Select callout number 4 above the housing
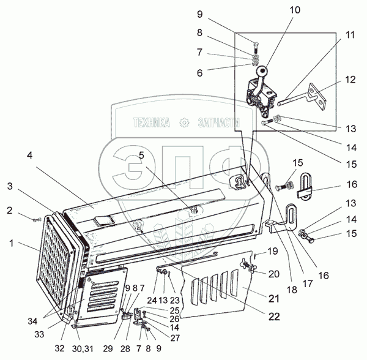29,155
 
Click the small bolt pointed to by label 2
40,217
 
